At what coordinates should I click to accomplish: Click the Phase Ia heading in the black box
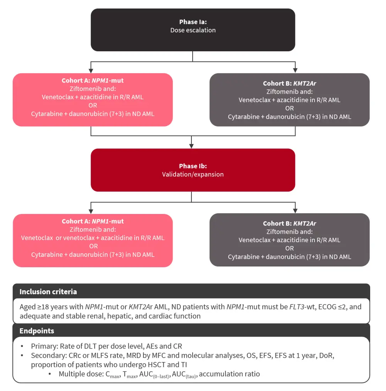(x=193, y=22)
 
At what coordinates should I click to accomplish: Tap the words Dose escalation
(x=193, y=30)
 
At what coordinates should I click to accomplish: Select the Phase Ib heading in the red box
(x=193, y=166)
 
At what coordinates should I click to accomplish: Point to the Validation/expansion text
(x=193, y=174)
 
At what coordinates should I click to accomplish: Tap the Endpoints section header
(x=37, y=331)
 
